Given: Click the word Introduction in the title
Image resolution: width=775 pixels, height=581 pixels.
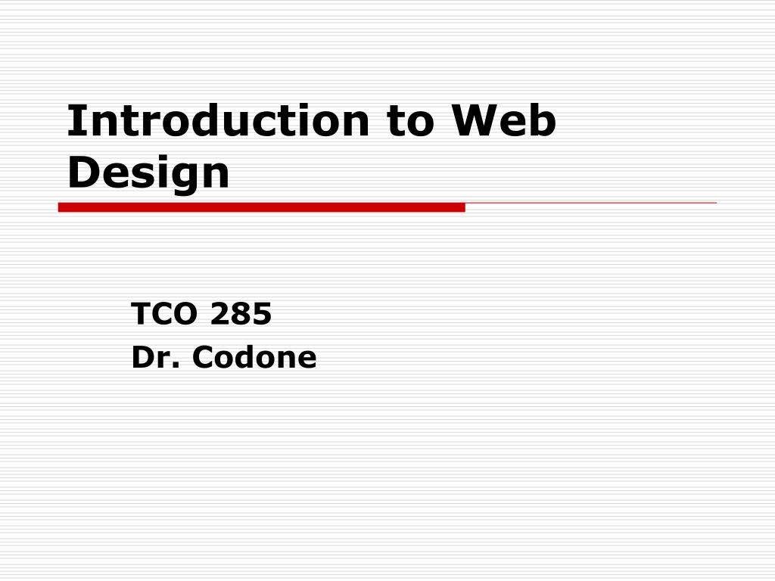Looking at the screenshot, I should click(x=219, y=121).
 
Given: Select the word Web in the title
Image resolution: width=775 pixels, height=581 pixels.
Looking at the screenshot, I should click(x=503, y=121).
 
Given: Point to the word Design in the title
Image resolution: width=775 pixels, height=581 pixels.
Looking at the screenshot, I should click(x=148, y=172).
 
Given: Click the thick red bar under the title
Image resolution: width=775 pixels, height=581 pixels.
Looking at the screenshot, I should click(x=261, y=207).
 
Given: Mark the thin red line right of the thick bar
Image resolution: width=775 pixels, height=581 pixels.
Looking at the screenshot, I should click(x=590, y=203).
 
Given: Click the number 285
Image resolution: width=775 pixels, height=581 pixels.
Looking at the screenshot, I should click(x=241, y=314).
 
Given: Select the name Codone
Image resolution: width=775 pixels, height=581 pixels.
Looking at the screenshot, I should click(x=254, y=357).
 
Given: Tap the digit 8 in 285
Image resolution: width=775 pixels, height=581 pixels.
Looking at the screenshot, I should click(x=241, y=314).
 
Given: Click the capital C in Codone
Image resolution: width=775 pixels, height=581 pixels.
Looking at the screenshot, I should click(x=202, y=357).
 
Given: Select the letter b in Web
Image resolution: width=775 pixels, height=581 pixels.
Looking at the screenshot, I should click(x=543, y=121).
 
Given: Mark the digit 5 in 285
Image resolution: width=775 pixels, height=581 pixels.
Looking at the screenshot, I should click(x=262, y=314).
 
